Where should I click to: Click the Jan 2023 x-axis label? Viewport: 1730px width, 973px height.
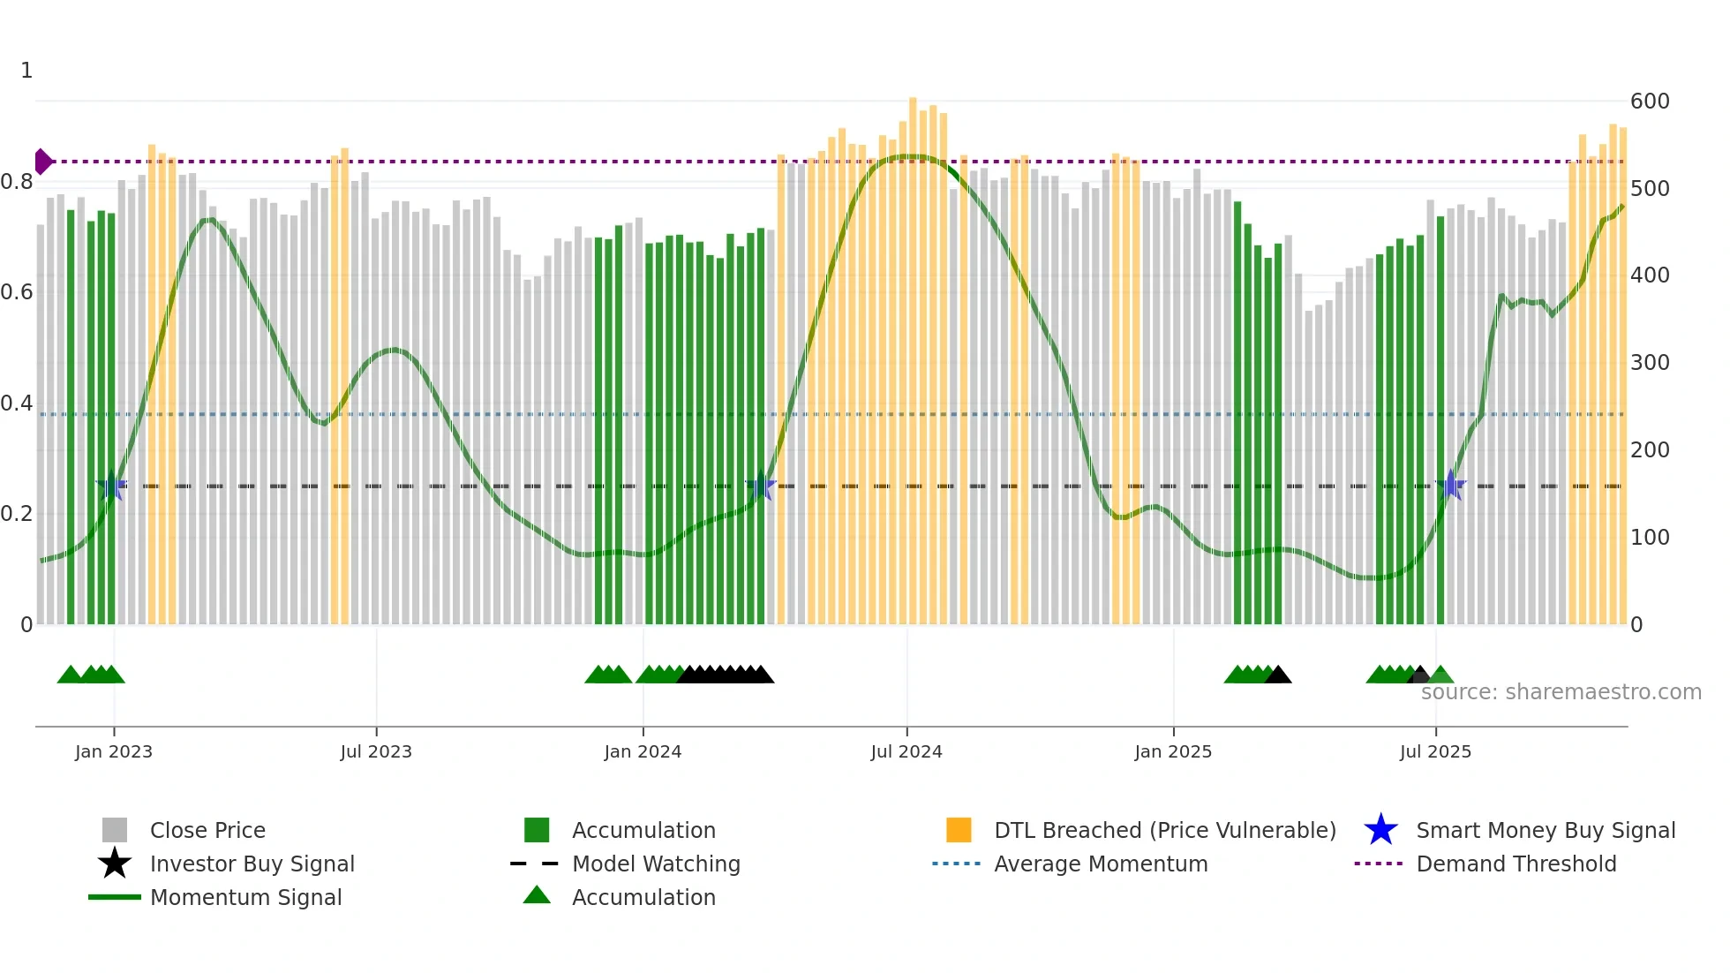coord(113,751)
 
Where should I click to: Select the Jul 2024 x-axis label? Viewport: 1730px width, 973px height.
coord(906,751)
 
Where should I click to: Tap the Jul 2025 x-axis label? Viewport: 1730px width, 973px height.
coord(1435,751)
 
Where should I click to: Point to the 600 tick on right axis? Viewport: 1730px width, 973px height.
coord(1649,102)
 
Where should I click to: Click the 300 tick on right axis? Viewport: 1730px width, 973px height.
coord(1649,363)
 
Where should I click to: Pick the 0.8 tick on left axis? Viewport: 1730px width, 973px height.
coord(17,182)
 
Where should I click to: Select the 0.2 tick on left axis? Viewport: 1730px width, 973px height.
coord(17,514)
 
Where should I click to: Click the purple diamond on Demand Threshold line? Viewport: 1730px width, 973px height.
coord(42,162)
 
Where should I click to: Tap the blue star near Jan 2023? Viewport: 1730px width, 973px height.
coord(112,486)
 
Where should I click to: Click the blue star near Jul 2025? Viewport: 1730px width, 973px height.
coord(1451,485)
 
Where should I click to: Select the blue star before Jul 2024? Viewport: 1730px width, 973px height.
coord(760,486)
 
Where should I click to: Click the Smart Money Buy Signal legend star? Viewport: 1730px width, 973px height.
coord(1380,830)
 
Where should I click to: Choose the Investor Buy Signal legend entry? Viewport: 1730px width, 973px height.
coord(252,864)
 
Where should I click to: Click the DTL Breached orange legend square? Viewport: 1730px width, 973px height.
coord(959,830)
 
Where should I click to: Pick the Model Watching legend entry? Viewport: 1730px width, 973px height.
coord(655,864)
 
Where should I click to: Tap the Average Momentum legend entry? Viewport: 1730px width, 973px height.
coord(1100,864)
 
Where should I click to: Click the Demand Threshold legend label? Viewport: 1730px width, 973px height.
coord(1516,864)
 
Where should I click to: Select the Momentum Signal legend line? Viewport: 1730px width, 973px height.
coord(115,897)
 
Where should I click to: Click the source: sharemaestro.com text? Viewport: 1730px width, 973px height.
coord(1561,692)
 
